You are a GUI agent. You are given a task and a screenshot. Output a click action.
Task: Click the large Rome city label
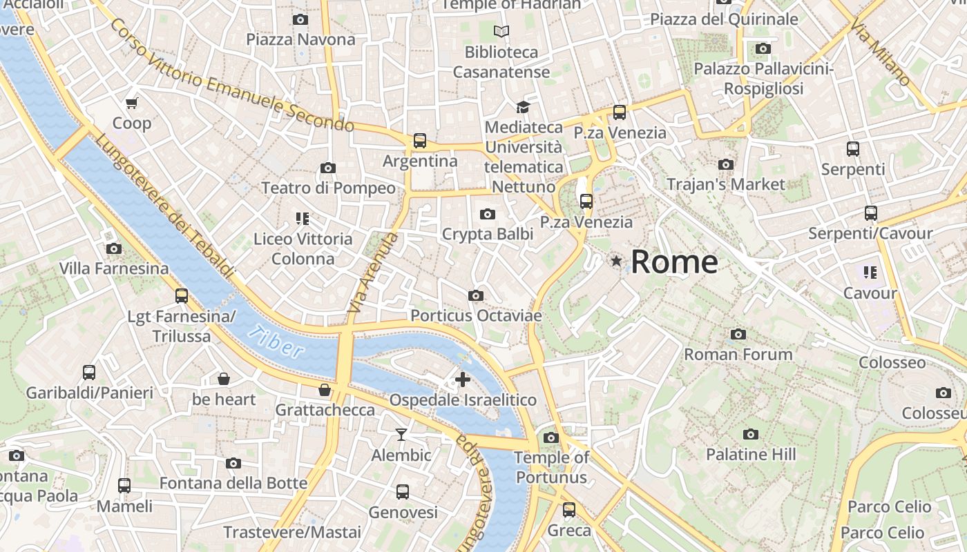tap(673, 262)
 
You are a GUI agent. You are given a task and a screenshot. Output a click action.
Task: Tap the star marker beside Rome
tap(616, 261)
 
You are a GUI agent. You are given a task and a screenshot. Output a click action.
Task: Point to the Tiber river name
tap(276, 342)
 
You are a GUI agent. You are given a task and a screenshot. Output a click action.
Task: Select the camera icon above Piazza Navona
tap(300, 19)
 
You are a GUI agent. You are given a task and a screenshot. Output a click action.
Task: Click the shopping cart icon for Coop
tap(131, 103)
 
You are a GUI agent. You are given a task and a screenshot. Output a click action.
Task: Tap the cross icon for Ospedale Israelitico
tap(463, 379)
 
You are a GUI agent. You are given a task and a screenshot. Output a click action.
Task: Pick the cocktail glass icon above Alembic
tap(401, 434)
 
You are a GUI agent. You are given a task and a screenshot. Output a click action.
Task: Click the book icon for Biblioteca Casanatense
tap(501, 31)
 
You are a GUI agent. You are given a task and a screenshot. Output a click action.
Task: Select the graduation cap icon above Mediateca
tap(523, 107)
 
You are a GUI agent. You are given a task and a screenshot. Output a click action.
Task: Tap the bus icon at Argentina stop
tap(419, 141)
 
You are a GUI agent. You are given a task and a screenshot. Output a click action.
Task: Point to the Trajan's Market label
tap(725, 184)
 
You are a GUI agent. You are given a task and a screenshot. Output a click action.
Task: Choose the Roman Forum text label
tap(738, 355)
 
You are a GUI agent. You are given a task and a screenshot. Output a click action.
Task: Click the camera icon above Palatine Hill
tap(751, 434)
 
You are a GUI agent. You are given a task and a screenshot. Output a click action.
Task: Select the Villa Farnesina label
tap(114, 268)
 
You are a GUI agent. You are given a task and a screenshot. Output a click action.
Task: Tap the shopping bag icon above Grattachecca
tap(325, 391)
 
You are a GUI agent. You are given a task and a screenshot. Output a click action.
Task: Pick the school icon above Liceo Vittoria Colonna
tap(302, 219)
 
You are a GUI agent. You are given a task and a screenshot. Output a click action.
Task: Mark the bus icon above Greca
tap(568, 510)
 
